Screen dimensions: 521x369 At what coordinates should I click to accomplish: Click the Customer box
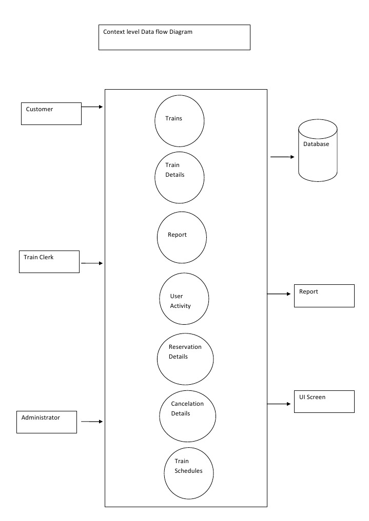[x=51, y=113]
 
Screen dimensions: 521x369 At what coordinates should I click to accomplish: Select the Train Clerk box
[x=50, y=261]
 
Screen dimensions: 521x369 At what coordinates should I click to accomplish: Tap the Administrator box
[x=47, y=422]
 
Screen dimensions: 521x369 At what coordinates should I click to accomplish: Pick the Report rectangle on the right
[x=324, y=296]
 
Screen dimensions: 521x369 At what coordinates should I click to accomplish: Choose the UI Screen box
[x=324, y=401]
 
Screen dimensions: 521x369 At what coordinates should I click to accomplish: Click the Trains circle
[x=180, y=120]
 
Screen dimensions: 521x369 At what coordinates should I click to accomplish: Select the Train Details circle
[x=180, y=177]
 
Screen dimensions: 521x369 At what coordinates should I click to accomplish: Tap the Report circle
[x=182, y=238]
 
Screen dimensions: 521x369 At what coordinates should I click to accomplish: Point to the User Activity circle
[x=184, y=298]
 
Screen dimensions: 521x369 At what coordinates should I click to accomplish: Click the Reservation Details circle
[x=185, y=358]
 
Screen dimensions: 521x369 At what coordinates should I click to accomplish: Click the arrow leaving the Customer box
[x=92, y=107]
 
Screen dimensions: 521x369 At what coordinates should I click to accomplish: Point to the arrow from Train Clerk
[x=92, y=263]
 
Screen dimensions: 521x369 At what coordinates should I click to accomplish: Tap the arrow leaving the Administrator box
[x=91, y=422]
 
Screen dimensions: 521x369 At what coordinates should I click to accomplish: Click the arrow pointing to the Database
[x=282, y=157]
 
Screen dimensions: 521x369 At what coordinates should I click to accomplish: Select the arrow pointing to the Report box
[x=280, y=294]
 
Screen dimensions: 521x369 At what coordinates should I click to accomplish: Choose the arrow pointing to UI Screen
[x=280, y=404]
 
